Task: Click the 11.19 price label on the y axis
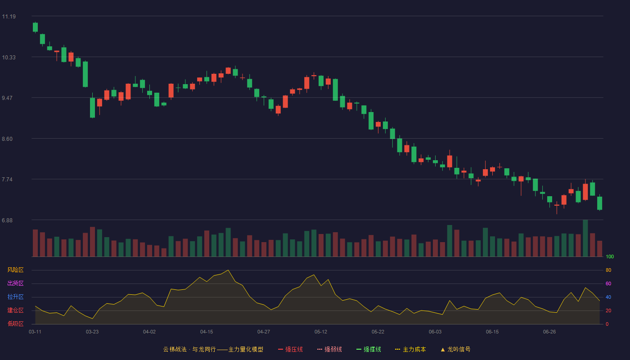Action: (9, 17)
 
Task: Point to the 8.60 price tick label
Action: (7, 139)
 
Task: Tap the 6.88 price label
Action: (7, 220)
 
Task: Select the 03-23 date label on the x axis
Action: (92, 332)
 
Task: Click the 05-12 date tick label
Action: (321, 332)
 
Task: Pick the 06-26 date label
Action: (549, 332)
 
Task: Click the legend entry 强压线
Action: (290, 349)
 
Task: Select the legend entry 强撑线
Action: (369, 349)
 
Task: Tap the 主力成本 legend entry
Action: (410, 349)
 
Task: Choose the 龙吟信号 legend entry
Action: (455, 349)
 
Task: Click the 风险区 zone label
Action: (15, 270)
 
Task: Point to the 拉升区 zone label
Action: (15, 297)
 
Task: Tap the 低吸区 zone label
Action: (15, 324)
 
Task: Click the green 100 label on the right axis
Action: (610, 256)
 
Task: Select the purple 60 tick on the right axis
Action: (608, 283)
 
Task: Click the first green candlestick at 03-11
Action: (35, 27)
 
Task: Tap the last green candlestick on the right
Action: (599, 203)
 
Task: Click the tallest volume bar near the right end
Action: (585, 238)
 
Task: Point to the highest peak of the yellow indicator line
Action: (228, 270)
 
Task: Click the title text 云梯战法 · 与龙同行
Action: (189, 349)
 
